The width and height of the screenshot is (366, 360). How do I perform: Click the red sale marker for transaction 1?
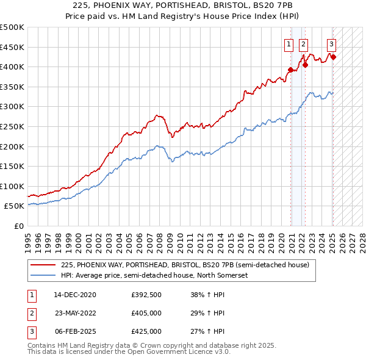point(290,70)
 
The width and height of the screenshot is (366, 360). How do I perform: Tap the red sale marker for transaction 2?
point(305,65)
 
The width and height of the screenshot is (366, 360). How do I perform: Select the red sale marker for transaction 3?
point(333,57)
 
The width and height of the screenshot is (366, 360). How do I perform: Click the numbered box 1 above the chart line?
point(288,43)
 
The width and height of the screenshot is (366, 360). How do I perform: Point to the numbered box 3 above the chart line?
point(331,43)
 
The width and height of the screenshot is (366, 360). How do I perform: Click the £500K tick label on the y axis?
point(12,27)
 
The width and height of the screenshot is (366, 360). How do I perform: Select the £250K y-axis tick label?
point(12,126)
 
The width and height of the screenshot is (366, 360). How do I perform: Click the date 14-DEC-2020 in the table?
point(75,294)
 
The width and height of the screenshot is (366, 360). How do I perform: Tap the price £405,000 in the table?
point(146,312)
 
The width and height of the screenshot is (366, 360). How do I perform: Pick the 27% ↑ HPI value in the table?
point(208,331)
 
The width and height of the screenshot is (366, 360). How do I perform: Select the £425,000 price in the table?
point(146,331)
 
